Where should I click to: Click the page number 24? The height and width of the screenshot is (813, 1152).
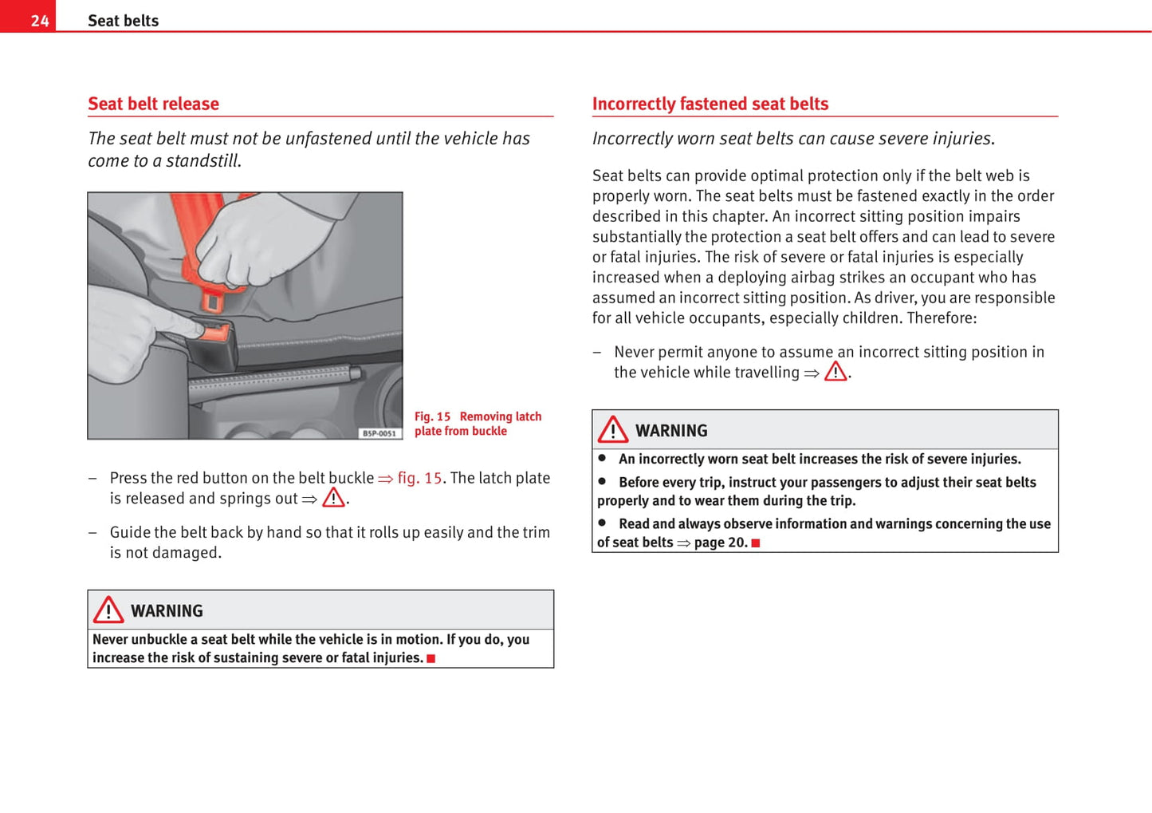(40, 21)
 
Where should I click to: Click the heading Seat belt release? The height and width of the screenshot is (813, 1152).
(153, 104)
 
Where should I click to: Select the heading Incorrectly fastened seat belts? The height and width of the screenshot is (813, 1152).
(710, 104)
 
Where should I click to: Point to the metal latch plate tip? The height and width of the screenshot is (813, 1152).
(212, 302)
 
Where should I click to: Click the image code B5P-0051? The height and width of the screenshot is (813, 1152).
(379, 433)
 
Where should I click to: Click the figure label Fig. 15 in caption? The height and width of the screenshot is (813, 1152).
(432, 416)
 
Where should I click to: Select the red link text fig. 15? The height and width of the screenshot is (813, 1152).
(419, 478)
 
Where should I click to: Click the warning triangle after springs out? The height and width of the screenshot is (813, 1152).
(333, 498)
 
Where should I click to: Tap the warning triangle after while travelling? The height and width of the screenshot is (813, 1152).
(835, 372)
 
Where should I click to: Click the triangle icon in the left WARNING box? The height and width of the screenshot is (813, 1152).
(108, 610)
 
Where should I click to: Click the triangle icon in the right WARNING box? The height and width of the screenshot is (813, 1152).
(613, 430)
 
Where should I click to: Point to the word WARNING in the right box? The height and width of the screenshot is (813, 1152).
(671, 431)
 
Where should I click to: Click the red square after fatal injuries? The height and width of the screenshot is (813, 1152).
(431, 658)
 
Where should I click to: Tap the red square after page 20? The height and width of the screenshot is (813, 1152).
(755, 543)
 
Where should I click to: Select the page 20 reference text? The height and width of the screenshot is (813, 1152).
(720, 543)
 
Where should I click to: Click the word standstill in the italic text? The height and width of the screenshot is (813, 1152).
(202, 160)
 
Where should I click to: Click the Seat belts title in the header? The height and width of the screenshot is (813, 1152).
(123, 21)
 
